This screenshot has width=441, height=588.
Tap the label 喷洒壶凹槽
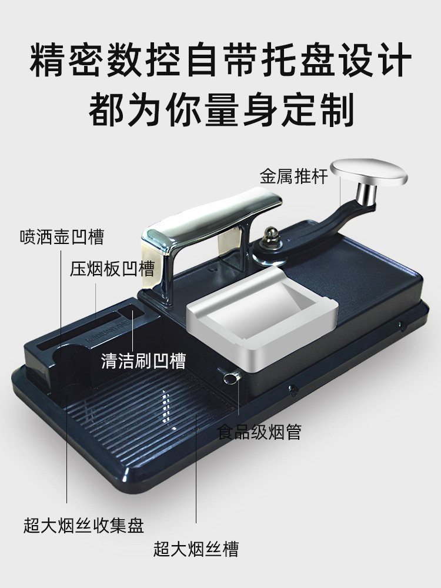click(x=61, y=237)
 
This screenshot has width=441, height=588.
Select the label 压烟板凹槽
click(x=112, y=269)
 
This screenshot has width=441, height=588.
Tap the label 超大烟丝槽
click(x=196, y=550)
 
